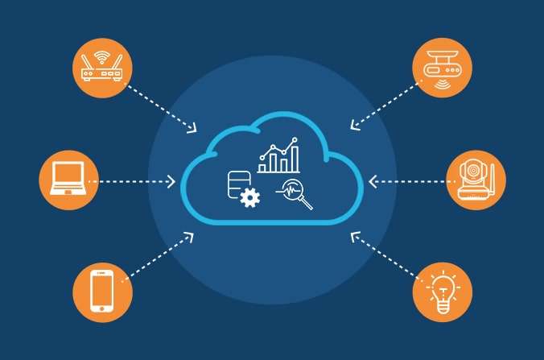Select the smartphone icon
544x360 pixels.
click(101, 290)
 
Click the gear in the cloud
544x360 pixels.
click(250, 197)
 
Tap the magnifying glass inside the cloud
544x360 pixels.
click(296, 194)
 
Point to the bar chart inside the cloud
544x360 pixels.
click(278, 156)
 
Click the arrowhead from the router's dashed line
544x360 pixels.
click(193, 128)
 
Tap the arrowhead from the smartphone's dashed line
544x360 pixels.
click(189, 236)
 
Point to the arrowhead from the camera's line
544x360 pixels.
click(373, 182)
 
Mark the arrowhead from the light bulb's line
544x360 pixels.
click(354, 236)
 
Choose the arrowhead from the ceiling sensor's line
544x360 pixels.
click(354, 126)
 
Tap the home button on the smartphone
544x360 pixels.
click(101, 307)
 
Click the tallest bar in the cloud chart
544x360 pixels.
click(295, 159)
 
